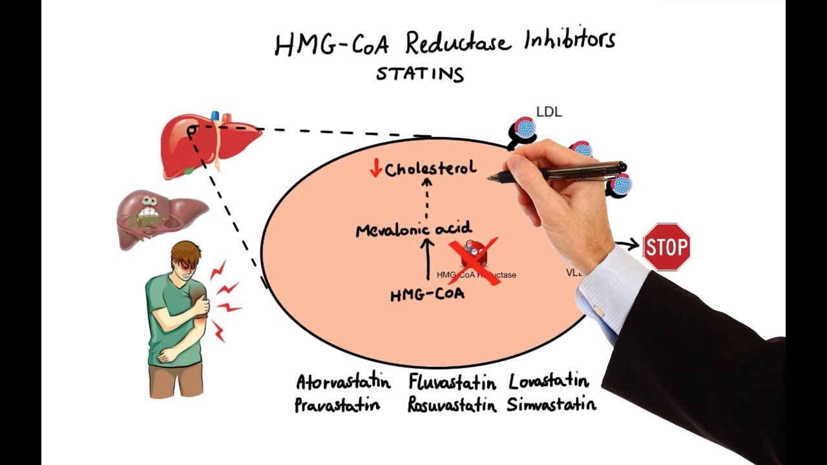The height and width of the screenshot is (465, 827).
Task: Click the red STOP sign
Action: [667, 247]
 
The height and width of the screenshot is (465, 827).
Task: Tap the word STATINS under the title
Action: [420, 73]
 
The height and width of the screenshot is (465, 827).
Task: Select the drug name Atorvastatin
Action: [343, 382]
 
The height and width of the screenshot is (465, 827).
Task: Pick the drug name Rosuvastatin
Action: [452, 405]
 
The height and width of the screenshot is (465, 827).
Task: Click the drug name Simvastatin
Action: [551, 405]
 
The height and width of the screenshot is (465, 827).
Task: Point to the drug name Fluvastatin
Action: [452, 382]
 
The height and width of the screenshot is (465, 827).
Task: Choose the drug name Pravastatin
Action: [337, 406]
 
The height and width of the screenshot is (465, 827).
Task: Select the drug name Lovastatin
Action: [549, 381]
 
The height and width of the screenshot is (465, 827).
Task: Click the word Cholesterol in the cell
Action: [430, 169]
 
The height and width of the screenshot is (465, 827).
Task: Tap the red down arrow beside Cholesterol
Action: [375, 169]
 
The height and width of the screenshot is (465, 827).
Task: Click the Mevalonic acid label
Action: [413, 229]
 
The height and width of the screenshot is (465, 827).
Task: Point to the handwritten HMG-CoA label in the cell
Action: [427, 294]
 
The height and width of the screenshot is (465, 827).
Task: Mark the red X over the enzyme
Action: [474, 260]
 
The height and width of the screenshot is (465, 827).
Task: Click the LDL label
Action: [549, 112]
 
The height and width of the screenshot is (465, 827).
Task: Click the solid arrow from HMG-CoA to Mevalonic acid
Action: [426, 262]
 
